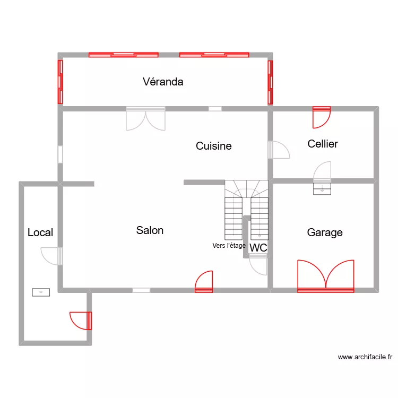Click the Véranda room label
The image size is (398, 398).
[x=163, y=82]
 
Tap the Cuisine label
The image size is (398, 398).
[x=213, y=146]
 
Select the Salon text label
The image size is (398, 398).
[x=150, y=230]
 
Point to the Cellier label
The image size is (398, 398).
[x=323, y=144]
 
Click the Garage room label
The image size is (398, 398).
[x=325, y=232]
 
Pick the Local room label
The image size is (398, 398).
[x=40, y=232]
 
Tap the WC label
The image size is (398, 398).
[x=258, y=248]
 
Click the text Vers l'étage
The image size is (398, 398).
[x=229, y=246]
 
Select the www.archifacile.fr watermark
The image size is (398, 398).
[x=365, y=358]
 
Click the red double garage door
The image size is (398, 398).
[x=326, y=277]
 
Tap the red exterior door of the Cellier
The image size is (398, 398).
[x=322, y=117]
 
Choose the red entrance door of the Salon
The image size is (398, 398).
[x=204, y=282]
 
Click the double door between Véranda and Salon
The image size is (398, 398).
[x=145, y=119]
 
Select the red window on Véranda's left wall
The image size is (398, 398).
[x=60, y=82]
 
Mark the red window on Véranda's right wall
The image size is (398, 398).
[x=270, y=82]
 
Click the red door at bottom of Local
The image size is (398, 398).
[x=82, y=321]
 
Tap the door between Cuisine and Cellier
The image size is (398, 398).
[x=278, y=150]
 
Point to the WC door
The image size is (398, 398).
[x=258, y=264]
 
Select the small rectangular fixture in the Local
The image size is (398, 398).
[x=41, y=292]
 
